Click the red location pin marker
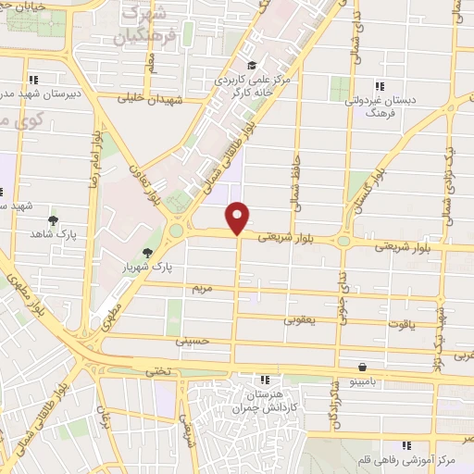click(x=239, y=217)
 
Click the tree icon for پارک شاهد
click(x=53, y=220)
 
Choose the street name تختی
click(x=153, y=370)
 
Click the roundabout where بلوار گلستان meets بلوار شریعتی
click(x=343, y=241)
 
